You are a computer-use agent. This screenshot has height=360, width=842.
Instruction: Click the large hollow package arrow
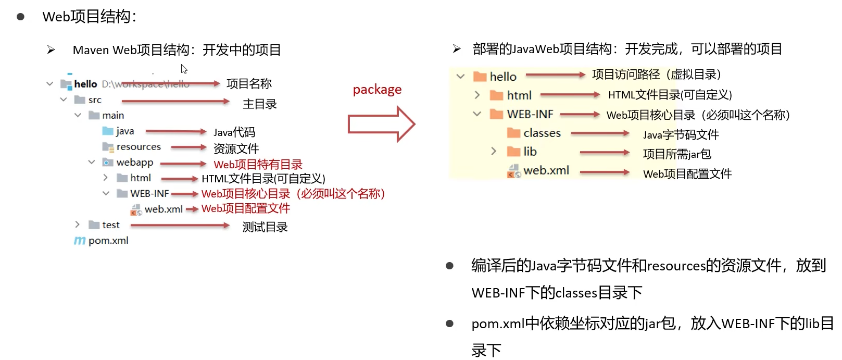coord(381,124)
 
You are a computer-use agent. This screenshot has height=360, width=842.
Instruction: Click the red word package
coord(377,90)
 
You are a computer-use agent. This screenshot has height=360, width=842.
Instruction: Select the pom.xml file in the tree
coord(108,241)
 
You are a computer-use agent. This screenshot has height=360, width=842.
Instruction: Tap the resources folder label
coord(139,147)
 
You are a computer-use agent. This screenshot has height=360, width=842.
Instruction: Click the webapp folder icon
coord(108,163)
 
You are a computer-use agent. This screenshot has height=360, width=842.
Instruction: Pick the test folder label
coord(111,225)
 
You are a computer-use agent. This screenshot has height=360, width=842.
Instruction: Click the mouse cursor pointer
coord(184,69)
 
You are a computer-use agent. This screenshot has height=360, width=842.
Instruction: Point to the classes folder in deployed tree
coord(542,133)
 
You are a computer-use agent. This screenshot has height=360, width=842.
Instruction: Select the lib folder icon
coord(514,152)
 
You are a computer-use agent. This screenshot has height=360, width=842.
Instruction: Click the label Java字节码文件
coord(681,135)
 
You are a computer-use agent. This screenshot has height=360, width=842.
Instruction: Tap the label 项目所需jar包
coord(677,154)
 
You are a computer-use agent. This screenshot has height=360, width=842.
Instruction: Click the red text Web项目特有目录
coord(258,165)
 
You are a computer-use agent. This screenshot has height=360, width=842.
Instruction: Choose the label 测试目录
coord(265,227)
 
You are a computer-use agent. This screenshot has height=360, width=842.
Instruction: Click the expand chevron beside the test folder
coord(78,225)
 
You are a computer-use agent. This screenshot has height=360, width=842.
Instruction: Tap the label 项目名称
coord(249,84)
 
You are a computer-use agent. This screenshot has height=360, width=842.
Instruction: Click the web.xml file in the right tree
coord(546,170)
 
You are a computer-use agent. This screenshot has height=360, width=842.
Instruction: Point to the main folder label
coord(113,116)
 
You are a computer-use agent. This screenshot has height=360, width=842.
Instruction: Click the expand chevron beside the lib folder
coord(493,151)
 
